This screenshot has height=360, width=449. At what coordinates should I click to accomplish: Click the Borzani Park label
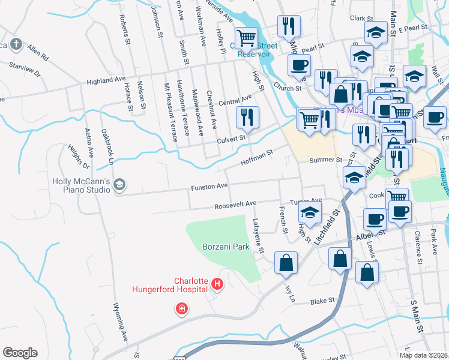click(x=225, y=247)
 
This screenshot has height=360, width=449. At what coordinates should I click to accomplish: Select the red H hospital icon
click(x=217, y=284)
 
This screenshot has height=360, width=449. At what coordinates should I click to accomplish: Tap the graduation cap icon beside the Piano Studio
click(x=119, y=185)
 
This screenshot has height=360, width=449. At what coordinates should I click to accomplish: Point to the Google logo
click(x=20, y=353)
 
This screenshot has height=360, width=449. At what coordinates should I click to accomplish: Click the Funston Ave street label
click(x=209, y=187)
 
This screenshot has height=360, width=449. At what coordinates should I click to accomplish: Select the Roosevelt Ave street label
click(x=235, y=206)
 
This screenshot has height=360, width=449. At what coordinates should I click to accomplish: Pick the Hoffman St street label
click(x=256, y=158)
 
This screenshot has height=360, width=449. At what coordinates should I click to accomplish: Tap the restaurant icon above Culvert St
click(x=247, y=118)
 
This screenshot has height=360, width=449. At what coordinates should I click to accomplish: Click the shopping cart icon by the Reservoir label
click(x=246, y=38)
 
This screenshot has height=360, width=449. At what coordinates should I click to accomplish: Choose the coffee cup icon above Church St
click(x=299, y=65)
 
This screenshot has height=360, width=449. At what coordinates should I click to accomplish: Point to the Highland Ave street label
click(x=106, y=80)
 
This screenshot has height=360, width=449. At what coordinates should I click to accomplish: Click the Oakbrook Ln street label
click(x=107, y=145)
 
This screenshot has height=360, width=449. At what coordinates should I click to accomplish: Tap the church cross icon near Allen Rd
click(x=16, y=44)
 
